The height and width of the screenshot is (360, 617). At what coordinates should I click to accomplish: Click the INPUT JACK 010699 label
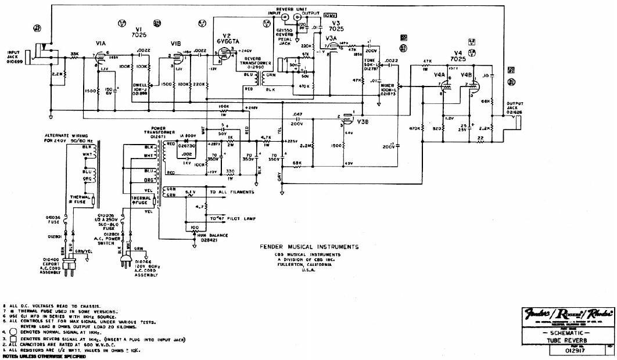point(13,56)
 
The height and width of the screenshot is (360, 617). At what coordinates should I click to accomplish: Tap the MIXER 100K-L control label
point(388,90)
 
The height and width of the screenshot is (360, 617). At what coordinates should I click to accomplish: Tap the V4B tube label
point(466,74)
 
